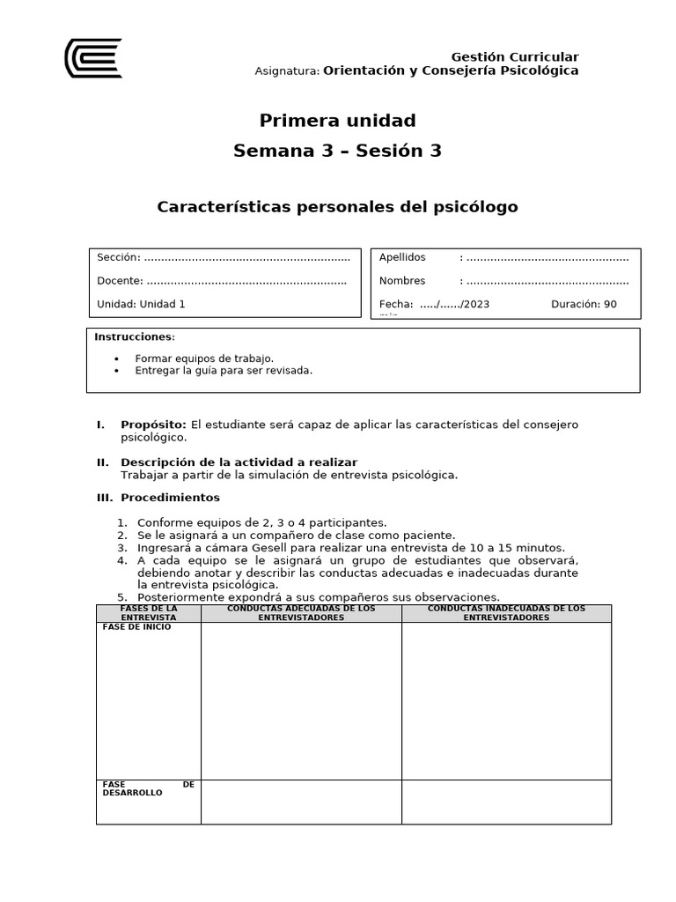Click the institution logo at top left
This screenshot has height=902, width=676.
point(92,58)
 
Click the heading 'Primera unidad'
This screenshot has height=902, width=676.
point(337,121)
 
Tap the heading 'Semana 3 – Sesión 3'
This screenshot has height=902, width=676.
point(337,151)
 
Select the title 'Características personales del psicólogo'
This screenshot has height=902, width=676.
point(337,207)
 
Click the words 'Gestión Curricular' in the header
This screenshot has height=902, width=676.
point(514,57)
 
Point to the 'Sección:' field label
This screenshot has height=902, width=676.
point(118,257)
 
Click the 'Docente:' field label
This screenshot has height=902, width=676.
point(120,281)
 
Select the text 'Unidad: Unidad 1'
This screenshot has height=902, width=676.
point(141,304)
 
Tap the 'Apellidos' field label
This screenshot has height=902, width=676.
point(402,257)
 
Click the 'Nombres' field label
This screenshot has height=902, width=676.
point(402,281)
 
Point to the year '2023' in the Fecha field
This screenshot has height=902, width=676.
point(476,304)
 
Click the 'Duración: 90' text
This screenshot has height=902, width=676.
point(584,304)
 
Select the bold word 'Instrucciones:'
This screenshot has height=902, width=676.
point(135,337)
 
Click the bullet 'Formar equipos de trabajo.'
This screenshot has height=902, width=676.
point(204,359)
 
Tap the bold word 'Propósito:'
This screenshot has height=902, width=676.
point(153,425)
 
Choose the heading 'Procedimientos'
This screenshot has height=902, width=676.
point(170,498)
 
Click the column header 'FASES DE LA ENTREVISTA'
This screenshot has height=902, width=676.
point(149,613)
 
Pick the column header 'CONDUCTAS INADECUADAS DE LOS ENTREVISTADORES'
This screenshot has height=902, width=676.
point(506,613)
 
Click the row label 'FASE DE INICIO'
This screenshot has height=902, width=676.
point(137,627)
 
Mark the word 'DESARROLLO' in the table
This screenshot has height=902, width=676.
point(133,793)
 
